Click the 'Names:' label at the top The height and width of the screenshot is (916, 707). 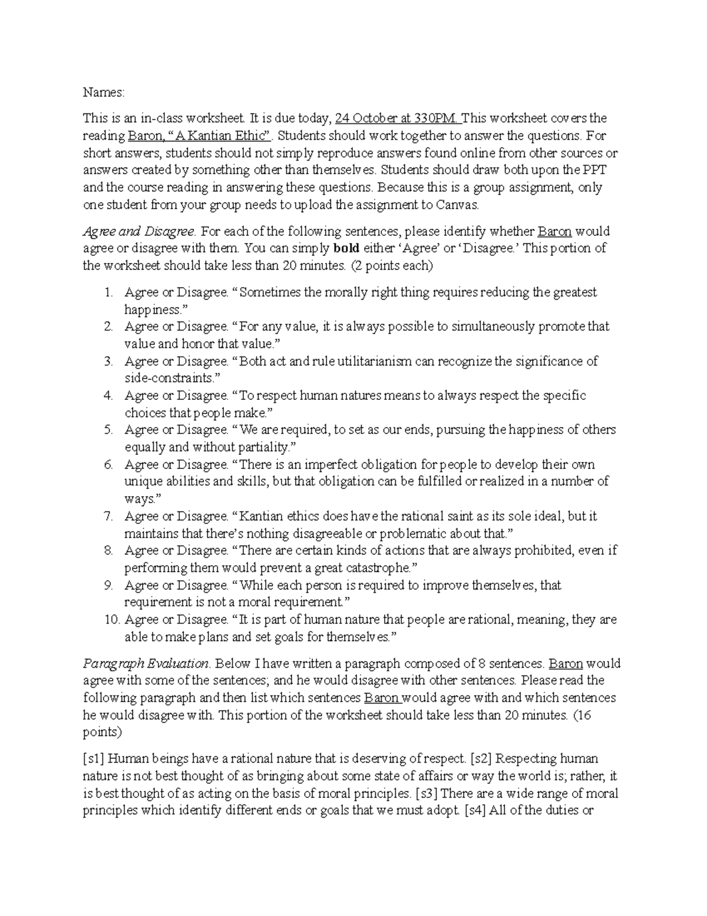tap(104, 93)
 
